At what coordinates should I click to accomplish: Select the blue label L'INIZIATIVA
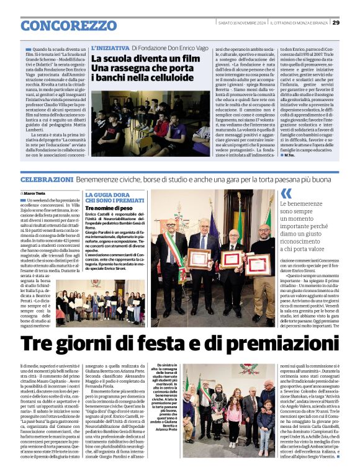(110, 48)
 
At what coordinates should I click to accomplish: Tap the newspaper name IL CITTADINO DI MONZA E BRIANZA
(299, 23)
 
